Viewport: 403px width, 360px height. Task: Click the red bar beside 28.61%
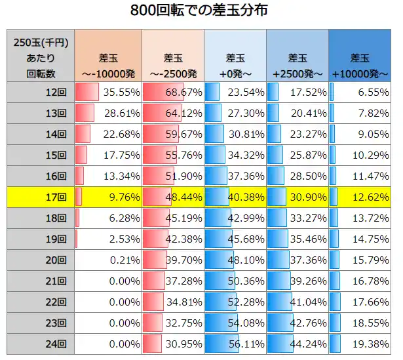85,113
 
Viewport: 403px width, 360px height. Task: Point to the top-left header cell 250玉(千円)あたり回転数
41,56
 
